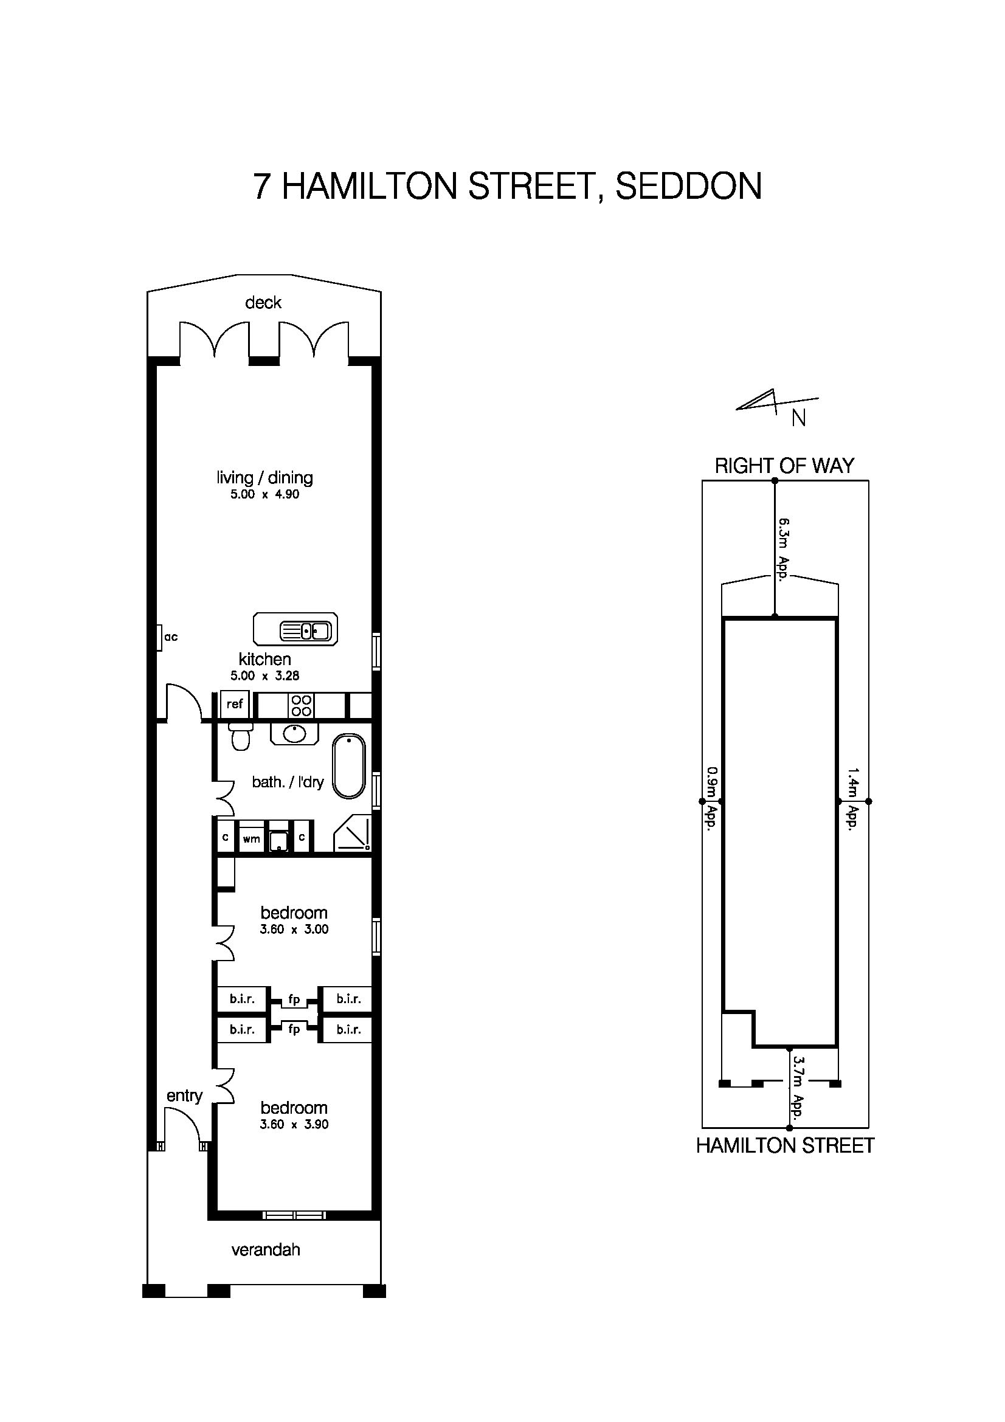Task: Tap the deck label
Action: (x=263, y=302)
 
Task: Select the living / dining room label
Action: (x=264, y=477)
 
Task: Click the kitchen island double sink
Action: (x=306, y=631)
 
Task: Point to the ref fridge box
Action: (x=235, y=704)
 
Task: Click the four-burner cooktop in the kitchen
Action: (x=302, y=705)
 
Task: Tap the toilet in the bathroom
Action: (x=240, y=736)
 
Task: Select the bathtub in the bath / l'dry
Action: (x=349, y=766)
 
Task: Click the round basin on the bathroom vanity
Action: (x=294, y=734)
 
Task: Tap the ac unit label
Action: (x=171, y=637)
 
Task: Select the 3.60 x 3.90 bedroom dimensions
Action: (x=294, y=1124)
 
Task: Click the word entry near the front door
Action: (x=185, y=1096)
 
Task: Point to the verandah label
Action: (x=266, y=1249)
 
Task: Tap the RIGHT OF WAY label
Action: (x=784, y=466)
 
